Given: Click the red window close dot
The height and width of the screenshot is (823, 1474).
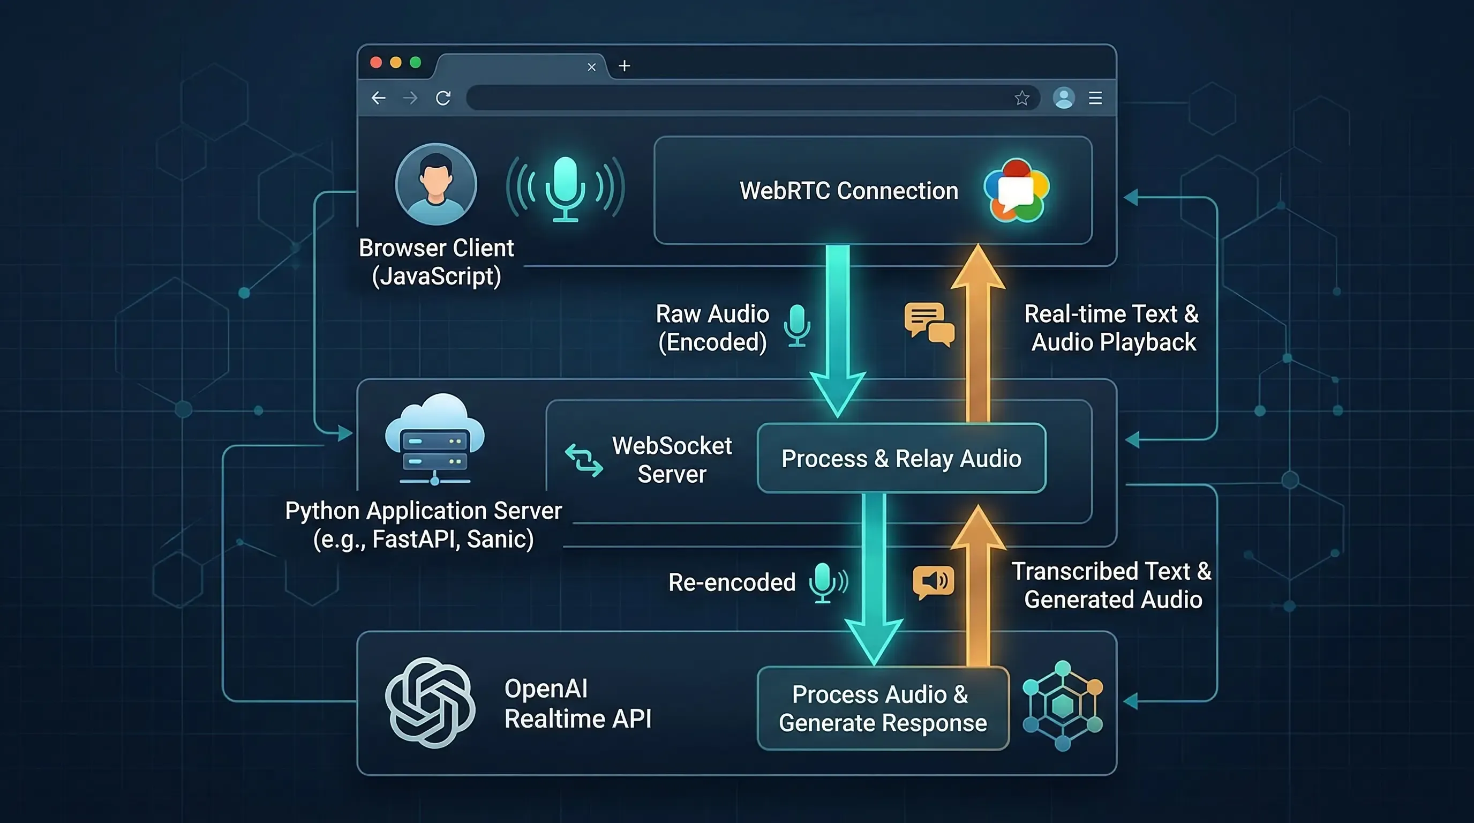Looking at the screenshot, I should pos(376,62).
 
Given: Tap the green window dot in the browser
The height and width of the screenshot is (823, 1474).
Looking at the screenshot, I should pos(416,62).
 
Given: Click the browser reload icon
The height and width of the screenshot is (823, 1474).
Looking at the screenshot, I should pos(443,99).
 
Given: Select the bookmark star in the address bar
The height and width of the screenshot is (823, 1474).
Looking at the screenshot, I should pos(1022,99).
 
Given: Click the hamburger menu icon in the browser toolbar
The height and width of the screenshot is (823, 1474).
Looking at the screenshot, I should pos(1095,99).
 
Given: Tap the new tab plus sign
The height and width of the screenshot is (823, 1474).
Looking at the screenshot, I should pos(625,66).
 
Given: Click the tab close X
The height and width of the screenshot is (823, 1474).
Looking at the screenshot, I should pos(592,68).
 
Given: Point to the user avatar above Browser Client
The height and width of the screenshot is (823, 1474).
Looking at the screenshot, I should pos(436,184).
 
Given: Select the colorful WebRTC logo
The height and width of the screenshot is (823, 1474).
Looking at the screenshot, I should pos(1016,191).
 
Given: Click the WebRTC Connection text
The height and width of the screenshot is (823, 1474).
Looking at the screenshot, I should pos(848,191).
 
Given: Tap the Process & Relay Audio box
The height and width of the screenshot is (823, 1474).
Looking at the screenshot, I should pos(901,459).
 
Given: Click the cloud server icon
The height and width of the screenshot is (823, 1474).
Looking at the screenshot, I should pos(435,438).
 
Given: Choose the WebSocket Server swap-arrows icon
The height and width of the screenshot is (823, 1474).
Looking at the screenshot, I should pos(584,460).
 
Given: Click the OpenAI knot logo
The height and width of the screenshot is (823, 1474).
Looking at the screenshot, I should pos(430,702).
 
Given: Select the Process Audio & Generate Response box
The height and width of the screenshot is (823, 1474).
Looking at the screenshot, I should pos(882,708).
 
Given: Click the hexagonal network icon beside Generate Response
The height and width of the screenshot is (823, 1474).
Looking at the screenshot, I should pos(1063,706).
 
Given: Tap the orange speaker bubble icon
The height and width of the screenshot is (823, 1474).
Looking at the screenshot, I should pos(933,582).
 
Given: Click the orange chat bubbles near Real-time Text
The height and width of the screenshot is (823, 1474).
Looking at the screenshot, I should pos(929,324).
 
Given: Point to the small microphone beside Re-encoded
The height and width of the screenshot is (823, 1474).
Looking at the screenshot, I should pos(824,582).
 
